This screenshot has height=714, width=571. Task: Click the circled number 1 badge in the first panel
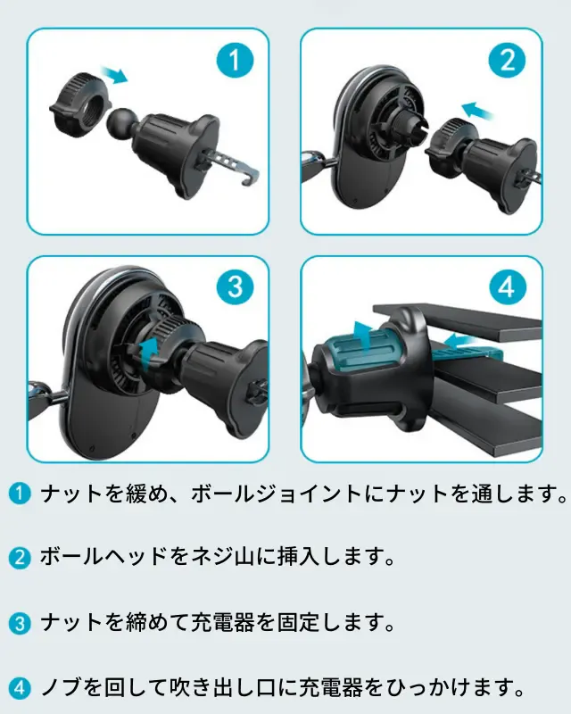[235, 60]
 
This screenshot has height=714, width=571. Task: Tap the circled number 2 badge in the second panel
[507, 60]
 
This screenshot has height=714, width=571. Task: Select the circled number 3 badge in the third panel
[235, 286]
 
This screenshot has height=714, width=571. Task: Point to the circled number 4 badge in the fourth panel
[507, 286]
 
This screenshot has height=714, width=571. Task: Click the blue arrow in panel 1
[114, 74]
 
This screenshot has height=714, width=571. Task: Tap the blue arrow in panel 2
[477, 110]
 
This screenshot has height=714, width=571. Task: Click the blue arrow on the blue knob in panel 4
[364, 336]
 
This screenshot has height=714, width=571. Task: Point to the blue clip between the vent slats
[469, 353]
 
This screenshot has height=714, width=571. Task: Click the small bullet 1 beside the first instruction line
[19, 494]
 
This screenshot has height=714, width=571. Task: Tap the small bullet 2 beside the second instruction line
[19, 558]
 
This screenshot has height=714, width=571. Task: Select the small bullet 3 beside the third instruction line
[19, 623]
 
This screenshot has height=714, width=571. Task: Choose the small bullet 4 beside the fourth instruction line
[19, 687]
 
